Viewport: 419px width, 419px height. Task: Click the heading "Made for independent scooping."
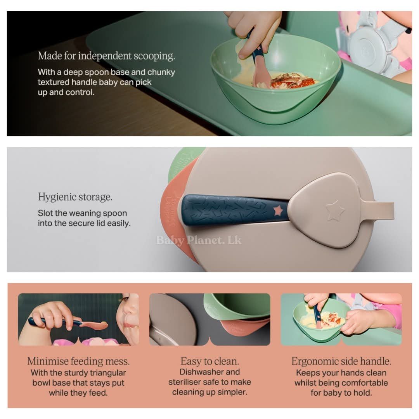click(106, 56)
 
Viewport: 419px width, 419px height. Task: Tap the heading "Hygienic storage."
click(75, 197)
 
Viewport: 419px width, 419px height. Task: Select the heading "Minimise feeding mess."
click(78, 361)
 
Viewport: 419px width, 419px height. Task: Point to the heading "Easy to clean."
click(210, 361)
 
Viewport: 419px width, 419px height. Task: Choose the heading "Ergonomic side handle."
click(341, 361)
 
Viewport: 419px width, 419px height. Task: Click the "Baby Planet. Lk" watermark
click(199, 240)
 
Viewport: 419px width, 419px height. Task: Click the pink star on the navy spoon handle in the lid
click(278, 211)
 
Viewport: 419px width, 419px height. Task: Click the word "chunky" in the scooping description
click(161, 73)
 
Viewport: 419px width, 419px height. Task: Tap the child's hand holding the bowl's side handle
click(358, 321)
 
